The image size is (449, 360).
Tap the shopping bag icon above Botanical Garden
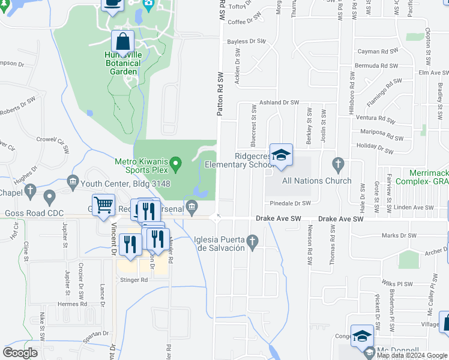[123, 41]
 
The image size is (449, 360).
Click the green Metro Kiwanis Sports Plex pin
[175, 163]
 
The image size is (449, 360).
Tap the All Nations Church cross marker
[338, 163]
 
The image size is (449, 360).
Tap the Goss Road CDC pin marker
[49, 196]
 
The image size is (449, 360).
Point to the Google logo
[20, 352]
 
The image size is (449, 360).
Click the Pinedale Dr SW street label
[290, 203]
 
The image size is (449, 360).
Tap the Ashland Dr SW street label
[279, 103]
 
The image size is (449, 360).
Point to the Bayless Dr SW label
[246, 41]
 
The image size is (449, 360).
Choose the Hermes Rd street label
[72, 304]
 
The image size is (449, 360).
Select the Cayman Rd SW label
[378, 52]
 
